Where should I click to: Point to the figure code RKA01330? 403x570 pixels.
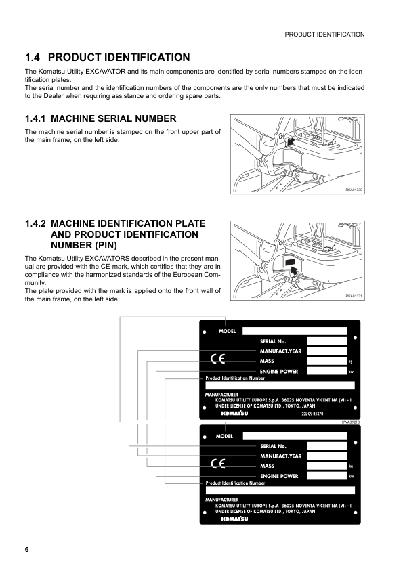[355, 191]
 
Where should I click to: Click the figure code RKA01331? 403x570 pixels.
[355, 296]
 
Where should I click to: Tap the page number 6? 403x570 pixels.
[27, 549]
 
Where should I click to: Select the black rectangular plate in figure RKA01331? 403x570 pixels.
[290, 261]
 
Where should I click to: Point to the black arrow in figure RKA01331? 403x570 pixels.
[293, 271]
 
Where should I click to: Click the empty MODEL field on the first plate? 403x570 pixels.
[294, 331]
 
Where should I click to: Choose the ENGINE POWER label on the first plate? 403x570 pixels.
[279, 372]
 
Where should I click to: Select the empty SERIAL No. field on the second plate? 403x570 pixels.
[326, 446]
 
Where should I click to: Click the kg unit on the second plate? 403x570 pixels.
[351, 466]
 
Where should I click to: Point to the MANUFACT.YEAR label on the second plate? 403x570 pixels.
[280, 456]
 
